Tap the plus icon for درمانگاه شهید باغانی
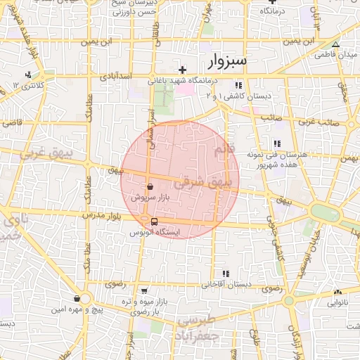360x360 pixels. pos(183,70)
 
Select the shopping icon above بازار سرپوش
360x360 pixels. pos(151,187)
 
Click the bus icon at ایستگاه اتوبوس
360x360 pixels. pos(154,221)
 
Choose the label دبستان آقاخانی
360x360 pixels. pos(223,285)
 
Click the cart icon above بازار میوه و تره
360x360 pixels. pos(144,290)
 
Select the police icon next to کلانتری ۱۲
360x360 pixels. pos(28,75)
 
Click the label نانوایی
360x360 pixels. pos(337,303)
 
